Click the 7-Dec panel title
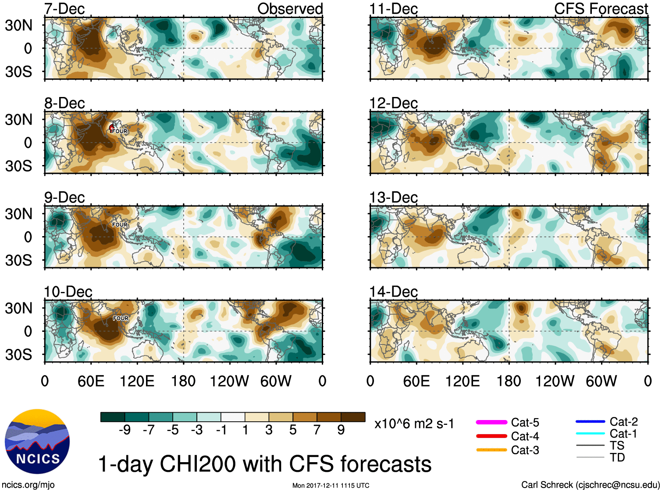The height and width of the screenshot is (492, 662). pos(64,9)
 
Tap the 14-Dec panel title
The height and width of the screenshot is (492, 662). pos(393,291)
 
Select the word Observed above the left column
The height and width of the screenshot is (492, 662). pos(290,9)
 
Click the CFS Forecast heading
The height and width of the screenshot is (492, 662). pos(601,9)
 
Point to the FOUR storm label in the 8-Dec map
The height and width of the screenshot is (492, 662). pos(119,131)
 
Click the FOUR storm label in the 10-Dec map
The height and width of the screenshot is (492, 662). pos(121,318)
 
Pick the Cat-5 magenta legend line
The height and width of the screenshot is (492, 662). pos(491,422)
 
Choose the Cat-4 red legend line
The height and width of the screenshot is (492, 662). pos(491,436)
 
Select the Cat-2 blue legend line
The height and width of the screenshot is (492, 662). pos(590,422)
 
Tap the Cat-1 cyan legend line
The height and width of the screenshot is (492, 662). pos(590,434)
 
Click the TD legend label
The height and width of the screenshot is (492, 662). pos(617,457)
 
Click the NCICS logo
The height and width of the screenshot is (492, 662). pos(37,442)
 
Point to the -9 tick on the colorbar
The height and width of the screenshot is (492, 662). pos(125,430)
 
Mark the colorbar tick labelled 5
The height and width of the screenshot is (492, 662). pos(293,430)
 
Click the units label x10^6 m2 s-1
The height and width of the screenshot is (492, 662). pos(414,424)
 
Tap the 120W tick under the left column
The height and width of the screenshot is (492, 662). pos(229,381)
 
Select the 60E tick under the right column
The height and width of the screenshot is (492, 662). pos(416,381)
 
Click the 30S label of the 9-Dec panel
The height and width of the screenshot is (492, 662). pos(18,260)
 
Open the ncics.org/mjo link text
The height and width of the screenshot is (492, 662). pos(28,485)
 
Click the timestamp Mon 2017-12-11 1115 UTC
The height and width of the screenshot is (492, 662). pos(331,485)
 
